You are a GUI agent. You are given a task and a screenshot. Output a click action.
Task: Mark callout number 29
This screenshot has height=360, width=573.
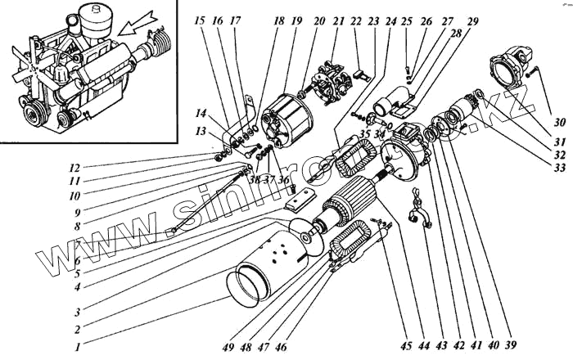tap(473, 20)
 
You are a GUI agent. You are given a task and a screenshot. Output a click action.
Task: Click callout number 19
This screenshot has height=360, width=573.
tap(296, 20)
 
